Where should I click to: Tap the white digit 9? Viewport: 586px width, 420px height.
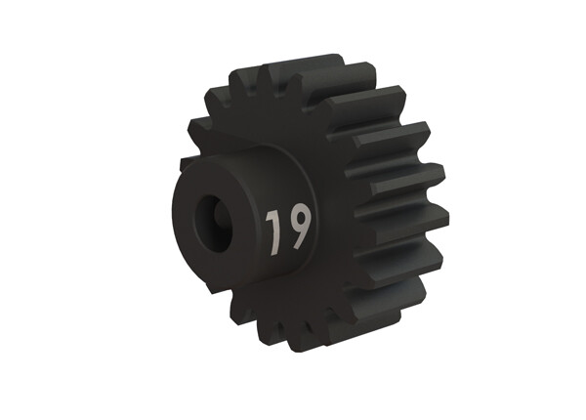coord(296,226)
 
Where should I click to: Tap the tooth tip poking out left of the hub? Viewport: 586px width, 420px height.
coord(186,157)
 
